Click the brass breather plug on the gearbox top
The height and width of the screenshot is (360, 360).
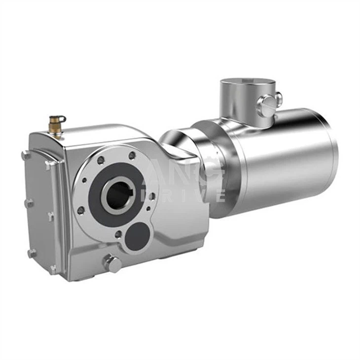56,125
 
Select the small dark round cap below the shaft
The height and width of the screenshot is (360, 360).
138,235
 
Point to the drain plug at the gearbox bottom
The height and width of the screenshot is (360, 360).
112,263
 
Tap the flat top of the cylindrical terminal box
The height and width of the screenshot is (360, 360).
247,82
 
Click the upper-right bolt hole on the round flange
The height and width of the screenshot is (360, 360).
132,156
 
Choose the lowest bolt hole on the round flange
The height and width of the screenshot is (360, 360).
118,234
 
